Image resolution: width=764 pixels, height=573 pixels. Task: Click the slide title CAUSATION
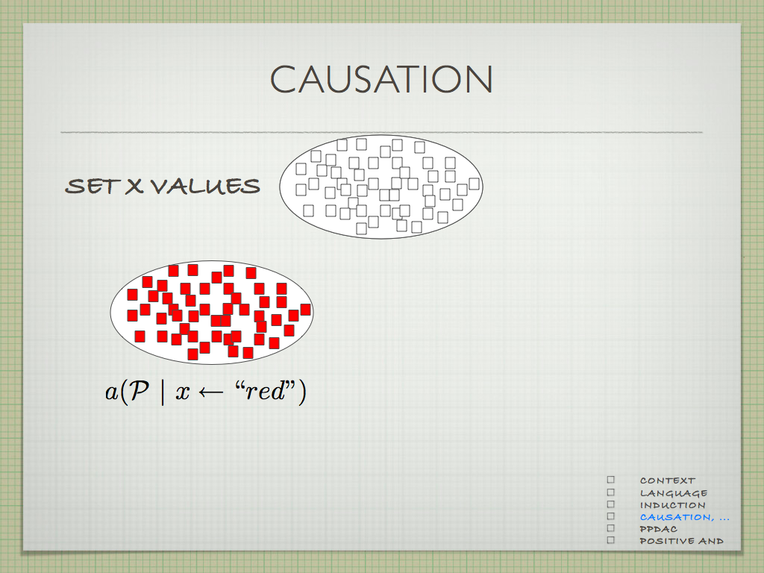click(381, 78)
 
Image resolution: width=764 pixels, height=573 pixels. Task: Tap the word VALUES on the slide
click(205, 186)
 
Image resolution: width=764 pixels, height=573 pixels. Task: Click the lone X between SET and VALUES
click(134, 186)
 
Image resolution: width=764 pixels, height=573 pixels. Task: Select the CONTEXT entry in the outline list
click(668, 480)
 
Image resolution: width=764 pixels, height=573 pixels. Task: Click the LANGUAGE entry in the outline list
click(674, 493)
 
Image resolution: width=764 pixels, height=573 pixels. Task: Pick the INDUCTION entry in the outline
click(672, 505)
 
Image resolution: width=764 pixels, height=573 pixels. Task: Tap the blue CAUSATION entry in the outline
click(685, 517)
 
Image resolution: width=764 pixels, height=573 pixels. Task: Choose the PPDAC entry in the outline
click(659, 529)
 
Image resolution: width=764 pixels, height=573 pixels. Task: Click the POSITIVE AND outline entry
click(682, 541)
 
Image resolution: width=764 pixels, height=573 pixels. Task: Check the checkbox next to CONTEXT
click(611, 480)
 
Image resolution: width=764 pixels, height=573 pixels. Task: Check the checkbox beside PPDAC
click(611, 528)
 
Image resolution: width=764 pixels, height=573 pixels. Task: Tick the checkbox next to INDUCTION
click(611, 504)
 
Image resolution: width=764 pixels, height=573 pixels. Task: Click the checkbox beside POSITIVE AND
click(611, 540)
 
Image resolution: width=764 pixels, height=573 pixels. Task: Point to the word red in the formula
click(265, 391)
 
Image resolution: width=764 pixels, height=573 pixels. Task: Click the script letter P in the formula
click(140, 390)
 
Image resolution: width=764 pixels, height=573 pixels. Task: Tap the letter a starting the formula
click(112, 392)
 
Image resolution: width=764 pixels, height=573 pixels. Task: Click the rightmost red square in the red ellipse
click(305, 310)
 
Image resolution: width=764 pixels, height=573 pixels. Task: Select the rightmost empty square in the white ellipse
click(474, 184)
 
